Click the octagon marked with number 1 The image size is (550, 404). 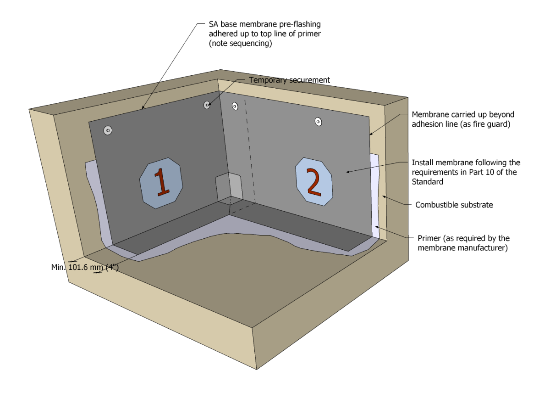[x=161, y=182]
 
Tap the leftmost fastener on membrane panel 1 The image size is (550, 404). [x=108, y=131]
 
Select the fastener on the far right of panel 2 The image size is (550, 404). [x=318, y=122]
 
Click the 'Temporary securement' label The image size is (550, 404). [x=289, y=80]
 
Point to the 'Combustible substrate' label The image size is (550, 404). [x=454, y=205]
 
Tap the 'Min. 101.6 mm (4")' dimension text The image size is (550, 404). [x=85, y=268]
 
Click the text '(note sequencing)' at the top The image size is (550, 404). [x=240, y=44]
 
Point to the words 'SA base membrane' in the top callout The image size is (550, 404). [x=238, y=23]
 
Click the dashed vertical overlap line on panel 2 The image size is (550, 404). [x=250, y=151]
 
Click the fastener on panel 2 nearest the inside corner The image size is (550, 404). [x=235, y=106]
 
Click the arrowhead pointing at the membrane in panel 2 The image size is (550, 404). [x=347, y=172]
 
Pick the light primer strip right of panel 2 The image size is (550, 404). [x=376, y=193]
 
